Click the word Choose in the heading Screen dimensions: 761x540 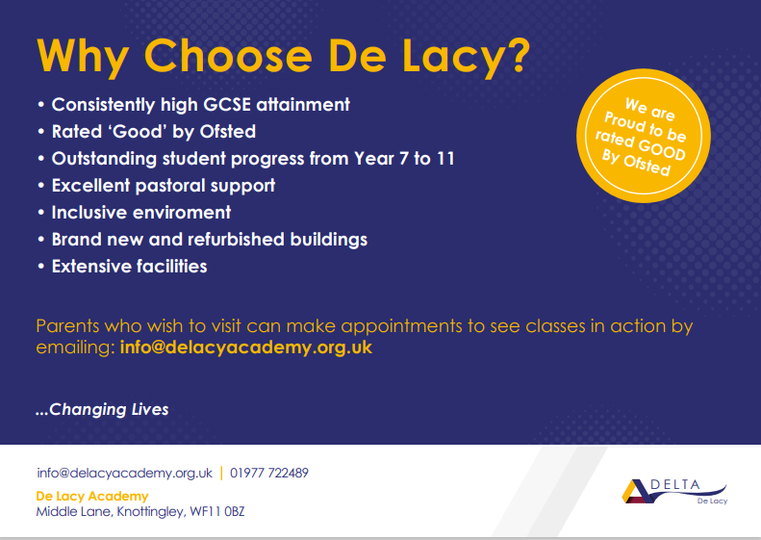[228, 55]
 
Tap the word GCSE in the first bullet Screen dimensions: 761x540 [227, 104]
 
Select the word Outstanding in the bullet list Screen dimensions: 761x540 [104, 159]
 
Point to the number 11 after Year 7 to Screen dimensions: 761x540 [445, 158]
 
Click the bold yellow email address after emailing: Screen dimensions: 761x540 [246, 347]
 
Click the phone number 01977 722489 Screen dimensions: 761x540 [269, 473]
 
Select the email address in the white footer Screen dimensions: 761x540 [125, 473]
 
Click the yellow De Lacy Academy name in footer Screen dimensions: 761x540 [92, 497]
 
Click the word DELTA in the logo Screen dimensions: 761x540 [675, 484]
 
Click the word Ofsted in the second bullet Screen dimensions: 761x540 [228, 132]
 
